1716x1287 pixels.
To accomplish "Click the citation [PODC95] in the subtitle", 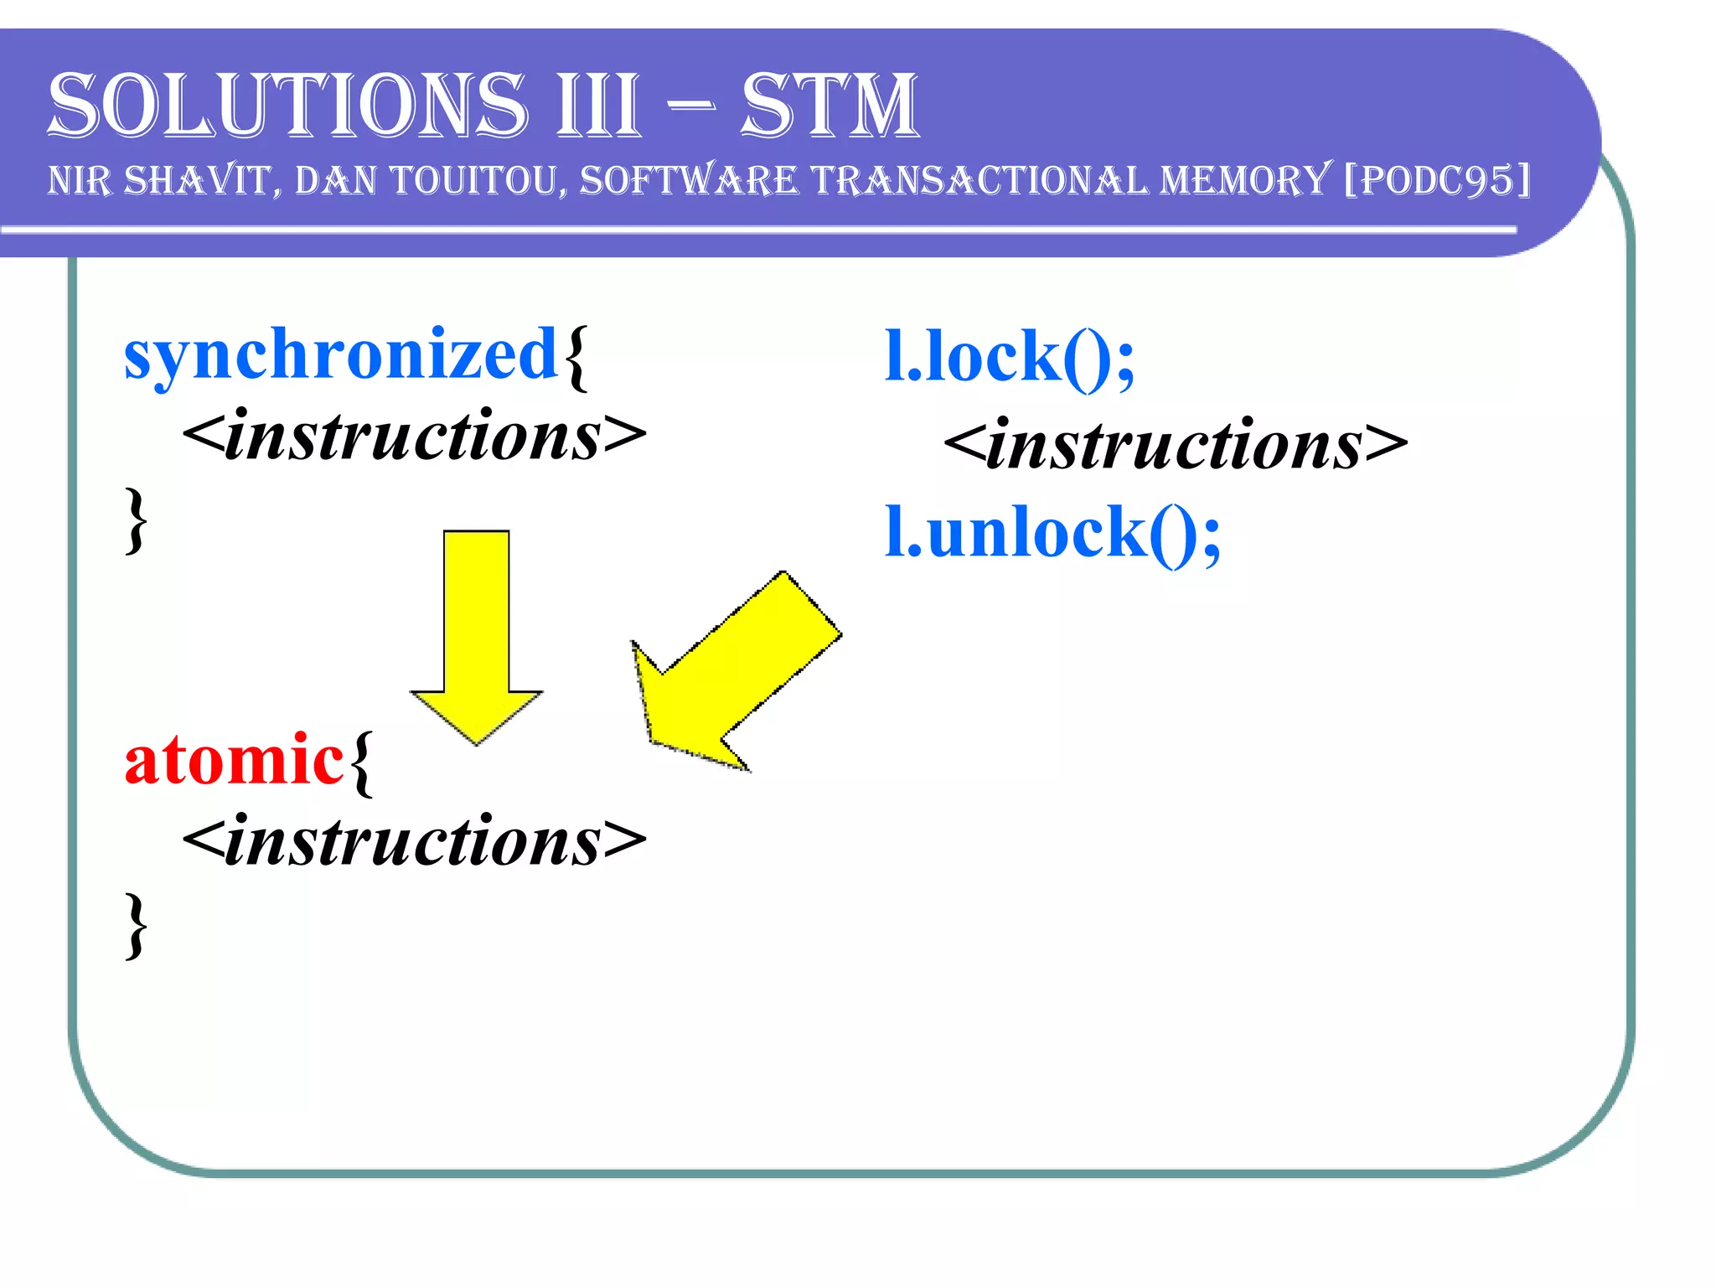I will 1438,180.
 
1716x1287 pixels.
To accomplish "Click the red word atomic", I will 234,759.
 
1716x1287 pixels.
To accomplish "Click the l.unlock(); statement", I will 1052,533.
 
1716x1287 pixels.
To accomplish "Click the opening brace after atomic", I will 361,761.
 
